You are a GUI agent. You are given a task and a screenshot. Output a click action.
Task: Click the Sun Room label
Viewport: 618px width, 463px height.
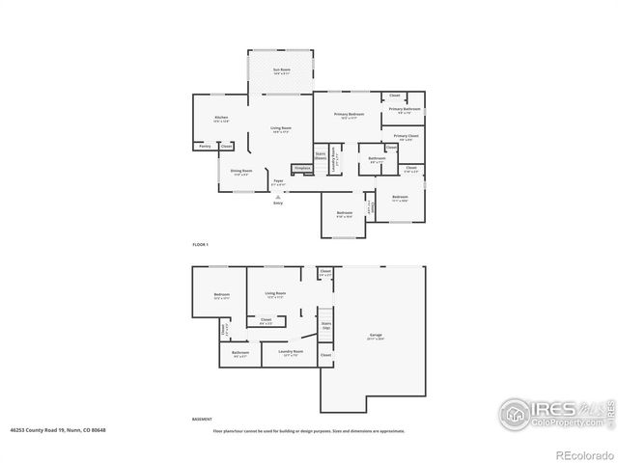pyautogui.click(x=281, y=70)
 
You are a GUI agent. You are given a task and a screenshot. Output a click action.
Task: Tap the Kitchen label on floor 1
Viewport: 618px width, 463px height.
pyautogui.click(x=221, y=119)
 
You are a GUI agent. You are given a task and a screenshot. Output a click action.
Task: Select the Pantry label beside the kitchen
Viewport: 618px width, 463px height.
pyautogui.click(x=205, y=146)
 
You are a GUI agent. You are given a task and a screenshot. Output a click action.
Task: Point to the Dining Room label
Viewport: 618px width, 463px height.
pyautogui.click(x=241, y=172)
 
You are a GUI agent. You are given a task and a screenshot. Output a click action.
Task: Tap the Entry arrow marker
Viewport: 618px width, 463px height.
pyautogui.click(x=278, y=196)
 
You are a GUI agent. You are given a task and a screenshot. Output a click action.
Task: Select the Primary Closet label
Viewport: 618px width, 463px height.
pyautogui.click(x=406, y=136)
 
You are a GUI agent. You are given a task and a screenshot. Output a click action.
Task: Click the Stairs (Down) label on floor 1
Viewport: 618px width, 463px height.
pyautogui.click(x=320, y=155)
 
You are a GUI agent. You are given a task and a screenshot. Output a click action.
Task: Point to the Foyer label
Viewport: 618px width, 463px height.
pyautogui.click(x=277, y=180)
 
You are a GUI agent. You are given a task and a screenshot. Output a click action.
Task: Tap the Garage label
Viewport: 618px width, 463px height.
pyautogui.click(x=375, y=336)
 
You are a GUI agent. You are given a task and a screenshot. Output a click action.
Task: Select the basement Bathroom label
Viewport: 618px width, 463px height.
pyautogui.click(x=240, y=352)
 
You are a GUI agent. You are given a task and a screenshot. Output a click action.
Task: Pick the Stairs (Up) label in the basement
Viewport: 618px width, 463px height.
pyautogui.click(x=326, y=326)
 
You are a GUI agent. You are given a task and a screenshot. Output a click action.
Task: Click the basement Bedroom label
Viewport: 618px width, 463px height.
pyautogui.click(x=221, y=294)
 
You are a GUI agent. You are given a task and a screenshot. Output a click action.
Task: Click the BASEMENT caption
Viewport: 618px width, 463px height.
pyautogui.click(x=202, y=420)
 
